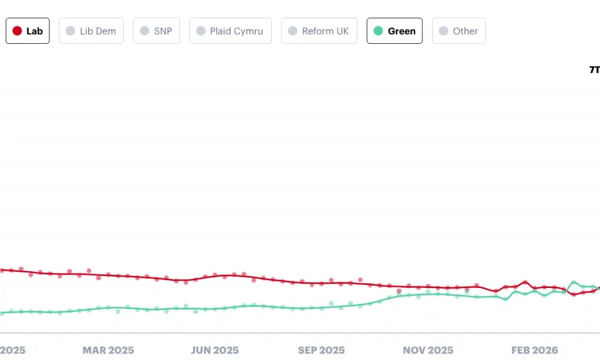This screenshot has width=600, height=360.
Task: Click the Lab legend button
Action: pos(28,31)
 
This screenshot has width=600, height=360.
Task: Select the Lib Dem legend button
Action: pos(91,31)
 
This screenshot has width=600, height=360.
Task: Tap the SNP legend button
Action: pos(157,31)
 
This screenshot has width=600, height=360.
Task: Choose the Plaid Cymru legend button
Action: pos(230,31)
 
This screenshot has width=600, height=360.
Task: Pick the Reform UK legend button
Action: pos(319,31)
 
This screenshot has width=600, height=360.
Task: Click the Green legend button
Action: pos(394,31)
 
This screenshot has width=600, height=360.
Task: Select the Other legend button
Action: pos(458,31)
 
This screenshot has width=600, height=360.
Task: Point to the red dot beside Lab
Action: pos(17,31)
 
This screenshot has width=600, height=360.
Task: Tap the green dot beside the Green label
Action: pos(378,31)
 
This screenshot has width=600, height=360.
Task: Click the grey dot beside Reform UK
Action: pos(293,31)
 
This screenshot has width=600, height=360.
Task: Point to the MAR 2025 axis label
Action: pos(108,350)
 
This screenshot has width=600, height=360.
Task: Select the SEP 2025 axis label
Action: pos(321,350)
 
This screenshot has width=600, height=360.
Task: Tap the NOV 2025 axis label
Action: pos(428,350)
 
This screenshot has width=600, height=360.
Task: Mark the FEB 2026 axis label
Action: pos(534,350)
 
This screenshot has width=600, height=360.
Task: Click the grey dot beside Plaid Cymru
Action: pos(201,31)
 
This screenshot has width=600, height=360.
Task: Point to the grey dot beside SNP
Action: pos(145,31)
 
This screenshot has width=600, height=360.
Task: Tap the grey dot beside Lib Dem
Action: pos(70,31)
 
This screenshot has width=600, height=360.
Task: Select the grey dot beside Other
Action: pos(443,31)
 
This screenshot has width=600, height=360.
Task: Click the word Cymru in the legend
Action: pos(248,31)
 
